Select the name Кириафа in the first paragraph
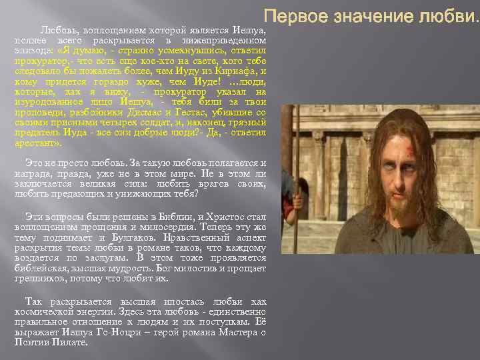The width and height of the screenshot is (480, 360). point(238,70)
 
